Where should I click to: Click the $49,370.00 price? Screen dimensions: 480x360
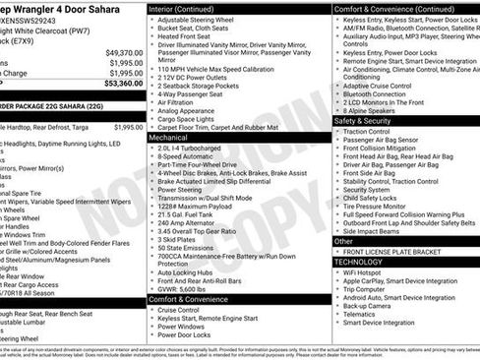tap(123, 52)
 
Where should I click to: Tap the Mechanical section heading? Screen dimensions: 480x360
tap(168, 138)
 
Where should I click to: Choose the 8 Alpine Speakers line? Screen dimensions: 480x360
tap(374, 110)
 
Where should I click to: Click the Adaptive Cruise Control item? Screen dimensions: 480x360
tap(385, 85)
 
